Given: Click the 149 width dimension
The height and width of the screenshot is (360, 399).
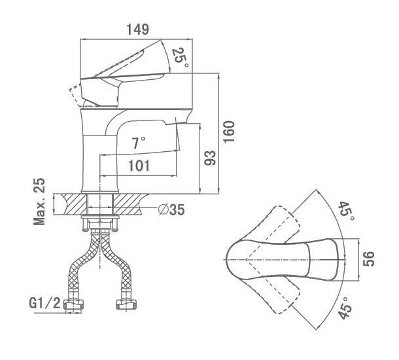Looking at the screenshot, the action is click(137, 29).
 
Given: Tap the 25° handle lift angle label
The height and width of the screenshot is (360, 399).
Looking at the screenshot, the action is click(181, 58).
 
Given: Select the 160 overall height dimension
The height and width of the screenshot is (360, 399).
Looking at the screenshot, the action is click(229, 132).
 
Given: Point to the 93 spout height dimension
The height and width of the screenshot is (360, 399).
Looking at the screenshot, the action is click(210, 158).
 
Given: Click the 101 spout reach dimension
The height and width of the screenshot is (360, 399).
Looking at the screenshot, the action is click(139, 166).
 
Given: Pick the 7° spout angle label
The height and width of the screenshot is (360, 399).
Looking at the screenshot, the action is click(139, 143).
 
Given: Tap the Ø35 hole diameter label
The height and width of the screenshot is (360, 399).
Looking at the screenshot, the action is click(171, 210).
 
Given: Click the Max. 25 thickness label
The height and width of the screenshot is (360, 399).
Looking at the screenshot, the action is click(39, 202).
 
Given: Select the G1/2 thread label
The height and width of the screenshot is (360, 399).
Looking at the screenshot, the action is click(44, 303).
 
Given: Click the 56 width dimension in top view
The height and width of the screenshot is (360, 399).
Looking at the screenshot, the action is click(369, 259).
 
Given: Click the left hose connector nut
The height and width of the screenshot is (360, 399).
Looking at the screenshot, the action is click(74, 304).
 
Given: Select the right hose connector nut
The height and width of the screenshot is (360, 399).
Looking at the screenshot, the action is click(127, 304).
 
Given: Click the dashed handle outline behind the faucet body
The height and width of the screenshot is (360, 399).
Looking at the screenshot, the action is click(77, 96).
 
